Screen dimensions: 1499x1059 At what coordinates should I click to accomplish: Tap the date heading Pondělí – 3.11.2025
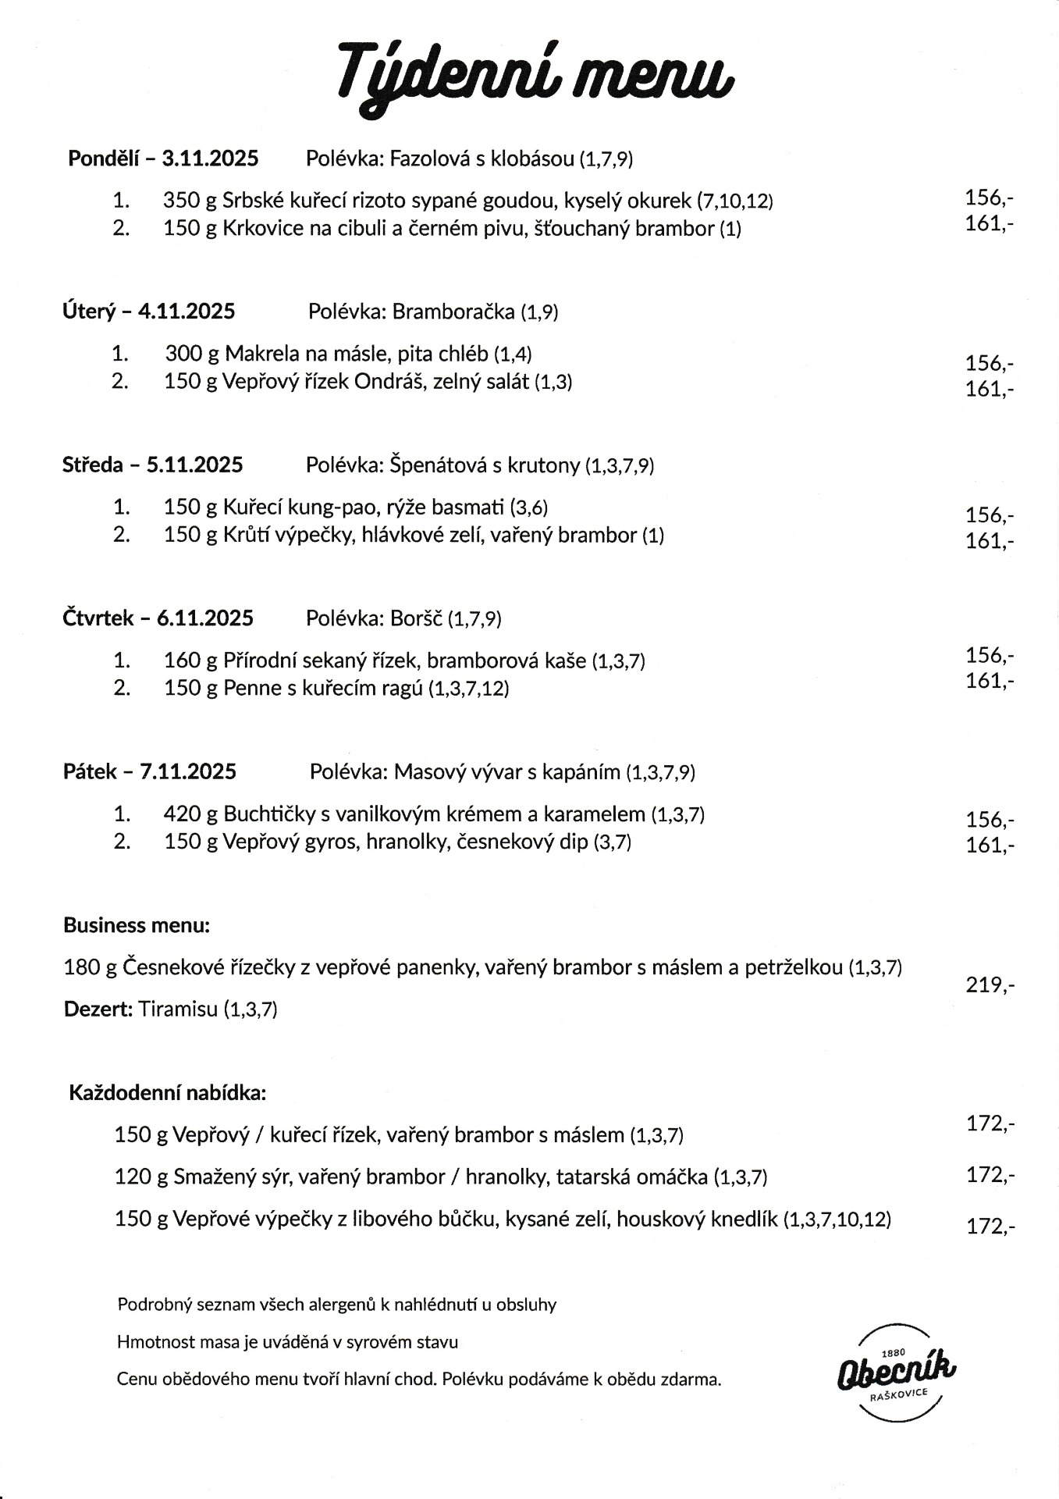pyautogui.click(x=163, y=158)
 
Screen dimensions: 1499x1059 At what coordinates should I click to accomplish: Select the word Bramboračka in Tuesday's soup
pyautogui.click(x=453, y=312)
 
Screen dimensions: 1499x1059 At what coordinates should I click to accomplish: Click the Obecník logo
pyautogui.click(x=897, y=1373)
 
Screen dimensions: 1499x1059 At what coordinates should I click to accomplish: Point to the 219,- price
pyautogui.click(x=990, y=985)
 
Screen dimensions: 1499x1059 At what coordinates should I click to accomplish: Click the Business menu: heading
pyautogui.click(x=137, y=925)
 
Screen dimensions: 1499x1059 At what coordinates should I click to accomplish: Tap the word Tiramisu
pyautogui.click(x=178, y=1009)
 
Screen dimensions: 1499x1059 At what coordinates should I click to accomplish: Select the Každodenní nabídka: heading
pyautogui.click(x=168, y=1092)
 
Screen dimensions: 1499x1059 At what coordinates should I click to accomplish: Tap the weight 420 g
pyautogui.click(x=190, y=814)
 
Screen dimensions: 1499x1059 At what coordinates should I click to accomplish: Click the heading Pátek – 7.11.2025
pyautogui.click(x=150, y=771)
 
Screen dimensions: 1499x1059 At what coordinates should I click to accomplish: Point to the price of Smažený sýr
pyautogui.click(x=990, y=1174)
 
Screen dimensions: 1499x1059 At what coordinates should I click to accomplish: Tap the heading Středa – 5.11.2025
pyautogui.click(x=153, y=465)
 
